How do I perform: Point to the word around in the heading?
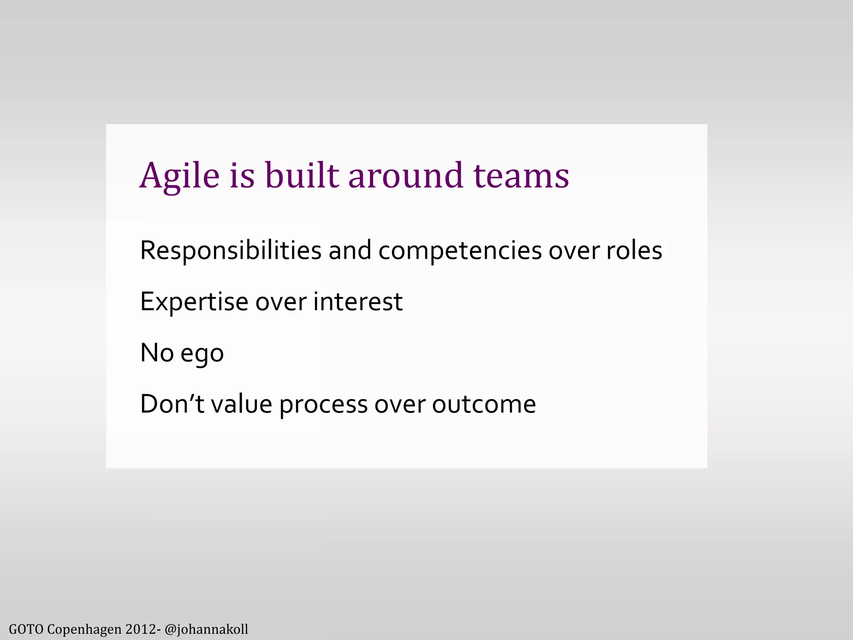click(x=405, y=176)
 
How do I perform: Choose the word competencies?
click(x=460, y=251)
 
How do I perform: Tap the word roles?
click(x=634, y=250)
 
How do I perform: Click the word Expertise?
click(x=194, y=302)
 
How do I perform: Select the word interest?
click(x=358, y=302)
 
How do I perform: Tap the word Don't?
click(x=172, y=404)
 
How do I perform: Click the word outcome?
click(x=484, y=404)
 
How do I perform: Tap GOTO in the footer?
click(x=26, y=629)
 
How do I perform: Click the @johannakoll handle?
click(x=206, y=629)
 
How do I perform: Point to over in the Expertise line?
click(x=281, y=302)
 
